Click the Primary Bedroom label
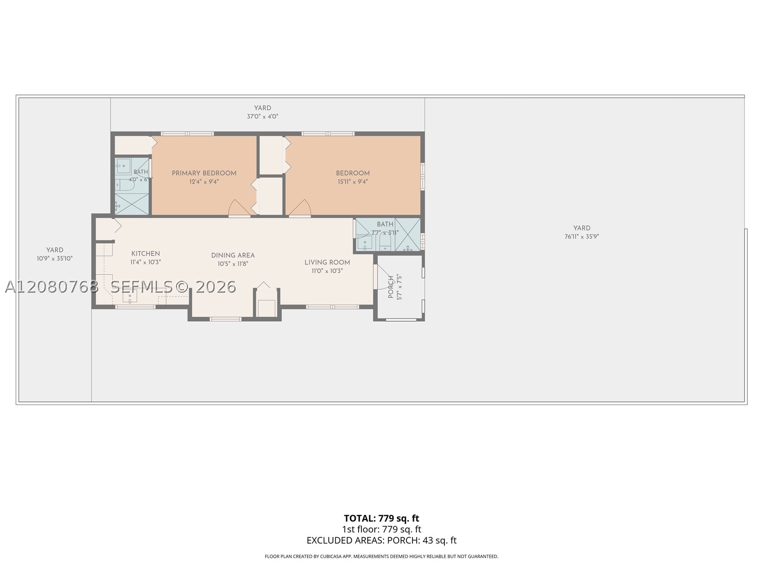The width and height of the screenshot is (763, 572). coord(204,173)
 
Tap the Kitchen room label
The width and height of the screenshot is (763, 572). coord(145,254)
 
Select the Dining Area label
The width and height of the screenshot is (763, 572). coord(233,255)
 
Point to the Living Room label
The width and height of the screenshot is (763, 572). coord(327,262)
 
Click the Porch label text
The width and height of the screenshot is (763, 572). coord(391,287)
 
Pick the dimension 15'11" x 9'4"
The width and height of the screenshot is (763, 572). coord(353,181)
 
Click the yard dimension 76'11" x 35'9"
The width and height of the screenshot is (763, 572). coord(582,236)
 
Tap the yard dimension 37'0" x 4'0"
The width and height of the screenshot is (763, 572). coord(262,116)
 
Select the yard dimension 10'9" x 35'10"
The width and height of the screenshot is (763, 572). coord(54,258)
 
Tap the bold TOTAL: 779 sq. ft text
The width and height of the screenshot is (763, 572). coord(381,518)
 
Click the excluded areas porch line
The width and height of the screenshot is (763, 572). coord(381,540)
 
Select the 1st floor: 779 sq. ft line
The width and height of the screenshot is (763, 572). coord(381,529)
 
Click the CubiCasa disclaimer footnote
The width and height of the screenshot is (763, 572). coord(381,556)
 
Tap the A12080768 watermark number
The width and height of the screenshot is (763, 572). coord(52,287)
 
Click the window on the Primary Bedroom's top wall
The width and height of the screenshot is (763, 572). coord(187,134)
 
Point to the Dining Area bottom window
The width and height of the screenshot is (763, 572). coord(226,319)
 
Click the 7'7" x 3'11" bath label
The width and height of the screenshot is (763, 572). coord(385,232)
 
